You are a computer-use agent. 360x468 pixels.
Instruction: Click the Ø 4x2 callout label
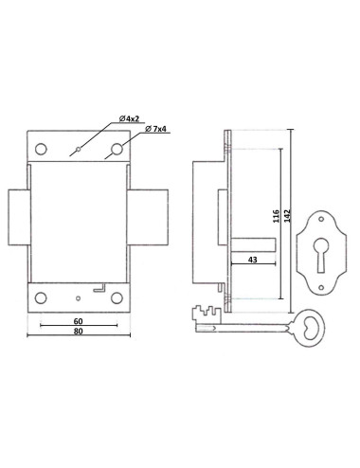130,117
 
